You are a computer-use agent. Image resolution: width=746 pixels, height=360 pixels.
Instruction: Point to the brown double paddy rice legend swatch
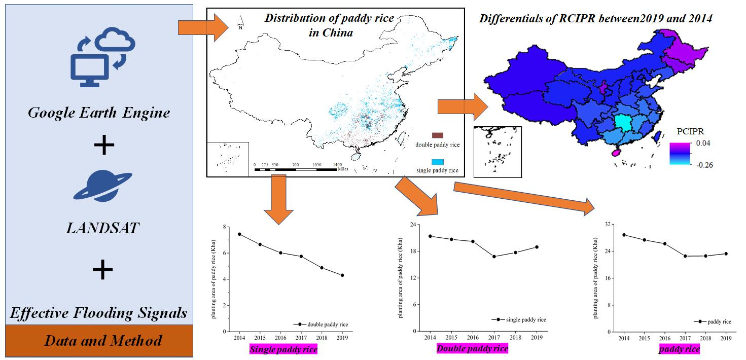coord(437,135)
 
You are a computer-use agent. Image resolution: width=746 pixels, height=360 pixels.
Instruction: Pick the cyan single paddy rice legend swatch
coord(437,161)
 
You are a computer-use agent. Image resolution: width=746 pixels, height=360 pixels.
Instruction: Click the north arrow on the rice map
coord(240,22)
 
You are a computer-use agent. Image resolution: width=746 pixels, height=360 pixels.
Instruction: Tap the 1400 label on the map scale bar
coord(337,165)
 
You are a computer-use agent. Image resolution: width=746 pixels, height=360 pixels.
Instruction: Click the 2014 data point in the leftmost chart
coord(239,234)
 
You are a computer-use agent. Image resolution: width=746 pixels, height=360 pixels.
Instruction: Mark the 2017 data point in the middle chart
coord(494,257)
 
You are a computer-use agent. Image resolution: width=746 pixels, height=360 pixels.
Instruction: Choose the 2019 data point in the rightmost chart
coord(725,254)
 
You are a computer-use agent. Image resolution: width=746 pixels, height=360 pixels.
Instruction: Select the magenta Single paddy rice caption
coord(283,349)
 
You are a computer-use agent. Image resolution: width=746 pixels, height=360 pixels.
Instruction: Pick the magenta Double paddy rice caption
coord(472,349)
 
